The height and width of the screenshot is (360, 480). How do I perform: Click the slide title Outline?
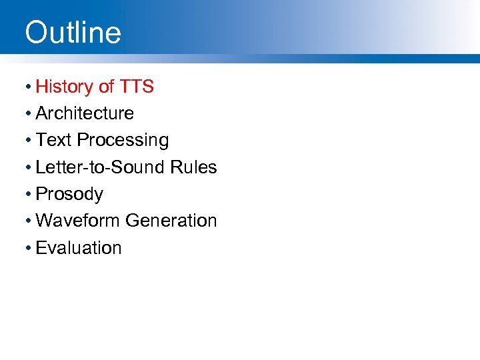[73, 32]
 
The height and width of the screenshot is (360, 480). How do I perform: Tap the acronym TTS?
[137, 87]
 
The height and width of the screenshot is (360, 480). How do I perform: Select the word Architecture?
[85, 113]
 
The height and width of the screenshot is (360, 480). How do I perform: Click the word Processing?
[123, 141]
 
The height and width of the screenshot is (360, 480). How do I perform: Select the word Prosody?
[69, 195]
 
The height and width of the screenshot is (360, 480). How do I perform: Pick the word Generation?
[171, 221]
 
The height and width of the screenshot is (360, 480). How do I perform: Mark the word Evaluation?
[79, 248]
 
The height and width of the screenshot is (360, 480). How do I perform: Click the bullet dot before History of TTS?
[29, 87]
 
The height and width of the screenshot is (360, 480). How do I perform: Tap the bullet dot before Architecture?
[29, 114]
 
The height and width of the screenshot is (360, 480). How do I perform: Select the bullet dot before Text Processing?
[29, 141]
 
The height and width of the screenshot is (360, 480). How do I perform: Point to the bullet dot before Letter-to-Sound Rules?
[29, 168]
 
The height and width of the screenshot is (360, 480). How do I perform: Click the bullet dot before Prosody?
[29, 195]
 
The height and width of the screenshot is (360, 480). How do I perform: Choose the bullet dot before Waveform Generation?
[29, 221]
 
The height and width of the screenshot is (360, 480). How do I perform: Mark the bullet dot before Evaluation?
[29, 248]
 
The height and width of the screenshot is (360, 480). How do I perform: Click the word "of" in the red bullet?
[106, 87]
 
